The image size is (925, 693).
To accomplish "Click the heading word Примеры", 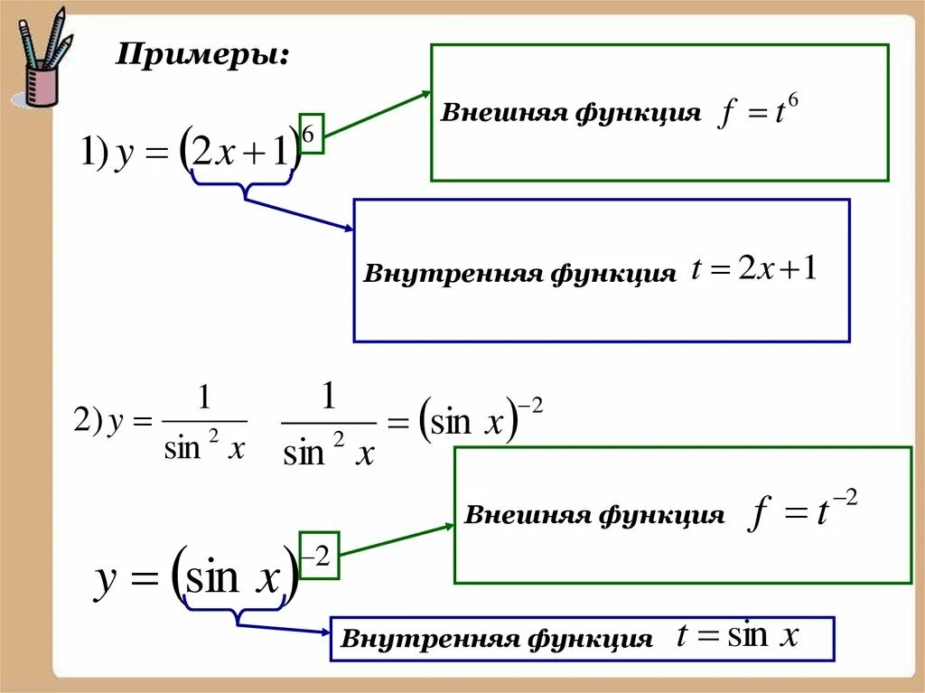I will pos(202,56).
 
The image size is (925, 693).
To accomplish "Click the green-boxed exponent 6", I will pos(310,136).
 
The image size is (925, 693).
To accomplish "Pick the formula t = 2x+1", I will pos(754,269).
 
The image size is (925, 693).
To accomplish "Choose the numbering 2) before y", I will pos(88,422).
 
